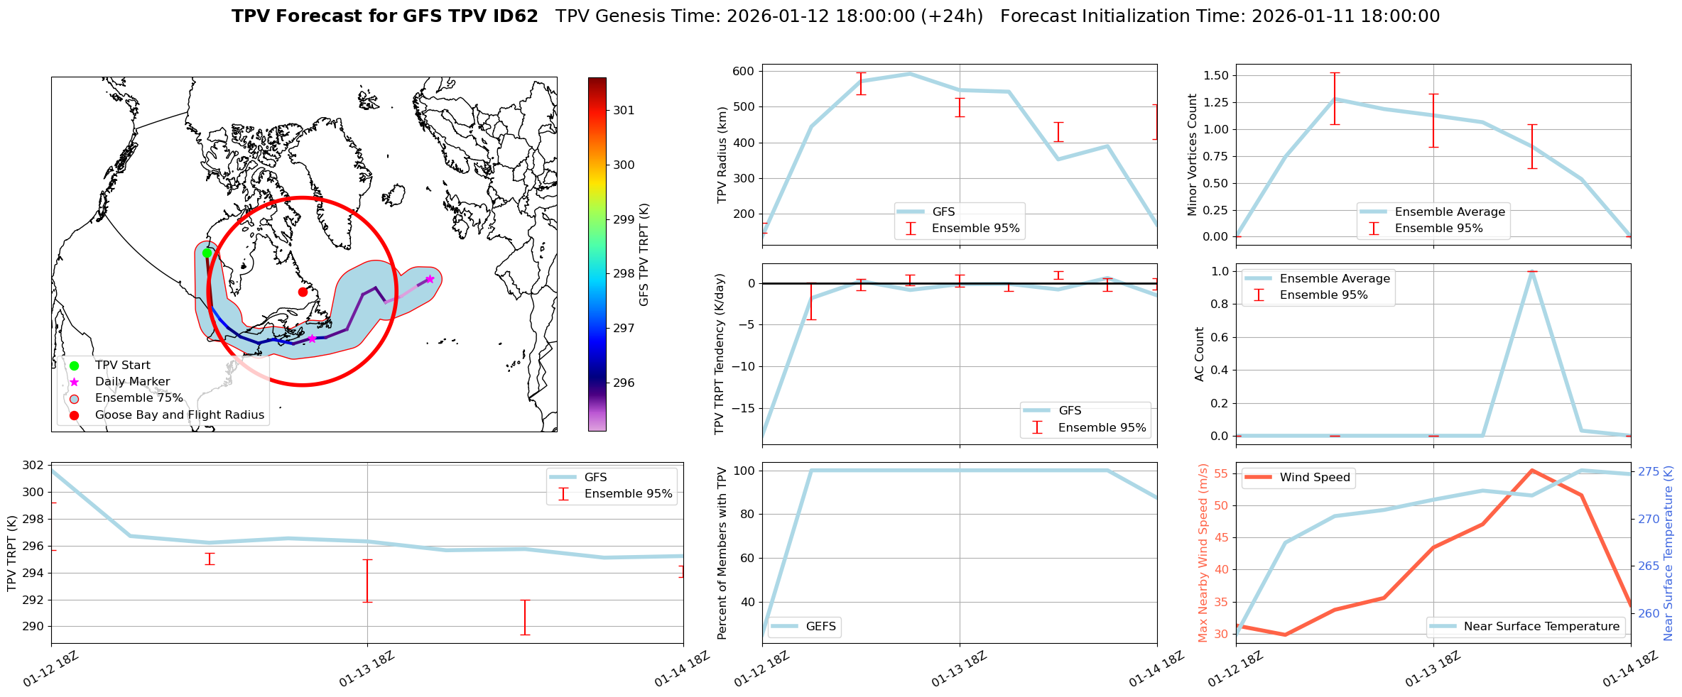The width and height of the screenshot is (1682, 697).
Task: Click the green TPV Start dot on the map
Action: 207,253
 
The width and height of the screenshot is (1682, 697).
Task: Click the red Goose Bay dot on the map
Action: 303,292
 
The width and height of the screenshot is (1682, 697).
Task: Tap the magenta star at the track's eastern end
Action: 429,279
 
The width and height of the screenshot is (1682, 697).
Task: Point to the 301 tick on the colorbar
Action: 624,110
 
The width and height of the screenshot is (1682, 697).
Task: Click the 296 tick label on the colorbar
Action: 624,383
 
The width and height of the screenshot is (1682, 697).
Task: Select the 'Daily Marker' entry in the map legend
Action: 132,381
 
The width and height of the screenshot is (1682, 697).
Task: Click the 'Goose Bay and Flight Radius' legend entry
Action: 179,415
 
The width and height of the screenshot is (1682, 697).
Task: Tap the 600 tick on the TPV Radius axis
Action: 744,71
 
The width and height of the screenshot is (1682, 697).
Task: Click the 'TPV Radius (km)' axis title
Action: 722,155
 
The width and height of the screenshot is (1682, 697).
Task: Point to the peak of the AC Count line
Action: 1532,272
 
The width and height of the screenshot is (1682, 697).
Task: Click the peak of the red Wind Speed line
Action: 1532,470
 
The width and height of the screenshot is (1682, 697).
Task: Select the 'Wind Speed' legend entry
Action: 1314,477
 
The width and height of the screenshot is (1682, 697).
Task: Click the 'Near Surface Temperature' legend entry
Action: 1541,626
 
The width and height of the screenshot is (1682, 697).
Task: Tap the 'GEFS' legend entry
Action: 820,626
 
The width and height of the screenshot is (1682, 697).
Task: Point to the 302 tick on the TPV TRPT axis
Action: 33,466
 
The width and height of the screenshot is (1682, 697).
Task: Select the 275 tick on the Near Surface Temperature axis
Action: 1649,472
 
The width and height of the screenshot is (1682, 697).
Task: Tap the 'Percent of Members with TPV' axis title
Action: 722,553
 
